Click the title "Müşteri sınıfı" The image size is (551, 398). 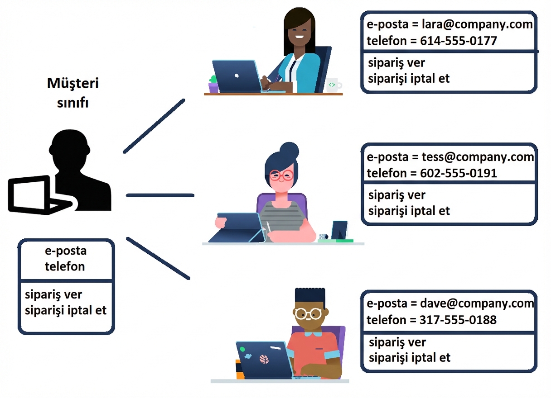click(72, 93)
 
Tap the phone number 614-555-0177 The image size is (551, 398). click(459, 41)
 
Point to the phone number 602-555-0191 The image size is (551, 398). click(459, 173)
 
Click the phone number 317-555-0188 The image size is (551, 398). click(458, 320)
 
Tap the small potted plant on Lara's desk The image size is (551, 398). click(213, 84)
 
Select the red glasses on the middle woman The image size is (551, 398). click(281, 175)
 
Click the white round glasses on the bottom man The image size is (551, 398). click(308, 313)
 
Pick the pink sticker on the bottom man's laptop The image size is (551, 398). click(264, 360)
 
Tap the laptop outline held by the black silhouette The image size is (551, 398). click(30, 195)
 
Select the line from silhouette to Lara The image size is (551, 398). click(154, 126)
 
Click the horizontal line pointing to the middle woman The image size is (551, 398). click(160, 195)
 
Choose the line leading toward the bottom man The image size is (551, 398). click(158, 258)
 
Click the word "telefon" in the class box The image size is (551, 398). click(65, 266)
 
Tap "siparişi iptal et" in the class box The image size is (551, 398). click(66, 311)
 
